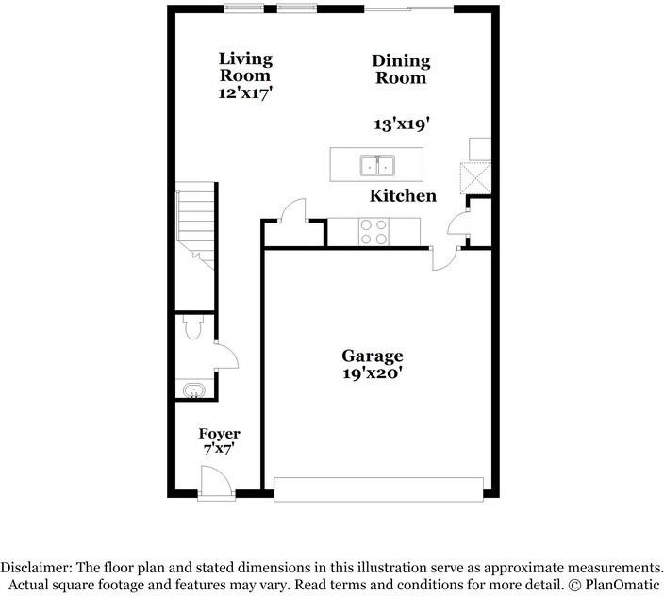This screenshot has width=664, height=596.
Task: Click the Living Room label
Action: (x=245, y=67)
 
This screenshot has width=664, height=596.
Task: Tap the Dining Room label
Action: (x=401, y=70)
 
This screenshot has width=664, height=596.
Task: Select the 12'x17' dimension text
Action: (x=245, y=93)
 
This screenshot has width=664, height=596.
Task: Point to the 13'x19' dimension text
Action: (x=402, y=124)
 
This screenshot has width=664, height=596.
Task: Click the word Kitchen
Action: (x=403, y=195)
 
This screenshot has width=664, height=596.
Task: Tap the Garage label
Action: (x=373, y=356)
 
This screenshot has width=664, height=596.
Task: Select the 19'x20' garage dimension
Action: (x=373, y=373)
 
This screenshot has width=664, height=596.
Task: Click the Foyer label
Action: (x=220, y=434)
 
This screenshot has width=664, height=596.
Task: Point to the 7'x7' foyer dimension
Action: (x=219, y=449)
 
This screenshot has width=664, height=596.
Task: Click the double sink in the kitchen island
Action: (x=377, y=166)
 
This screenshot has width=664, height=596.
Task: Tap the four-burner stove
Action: (x=373, y=232)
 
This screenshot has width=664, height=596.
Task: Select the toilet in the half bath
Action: (x=193, y=327)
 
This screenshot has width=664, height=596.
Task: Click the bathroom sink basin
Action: (x=194, y=389)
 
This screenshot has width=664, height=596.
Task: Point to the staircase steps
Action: (x=195, y=225)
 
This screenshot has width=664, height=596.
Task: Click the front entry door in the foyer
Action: (x=216, y=481)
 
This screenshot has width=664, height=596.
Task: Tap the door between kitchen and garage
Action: (x=444, y=258)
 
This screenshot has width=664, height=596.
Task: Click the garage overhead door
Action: (x=378, y=489)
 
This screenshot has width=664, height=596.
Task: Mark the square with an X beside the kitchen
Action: (x=475, y=177)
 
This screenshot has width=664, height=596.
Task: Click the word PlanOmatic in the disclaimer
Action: (x=622, y=585)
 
